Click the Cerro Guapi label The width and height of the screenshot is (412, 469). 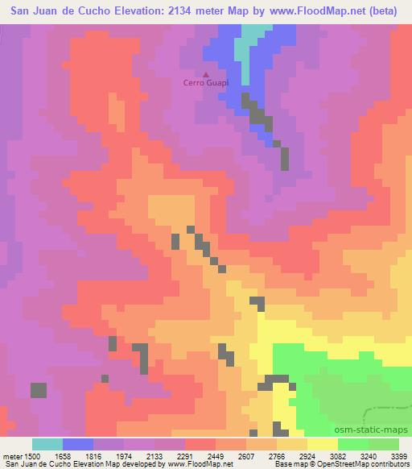pyautogui.click(x=205, y=83)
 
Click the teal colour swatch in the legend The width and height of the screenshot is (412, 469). pyautogui.click(x=47, y=444)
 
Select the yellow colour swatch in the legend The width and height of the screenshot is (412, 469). pyautogui.click(x=323, y=444)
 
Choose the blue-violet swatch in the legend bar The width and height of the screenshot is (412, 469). pyautogui.click(x=78, y=444)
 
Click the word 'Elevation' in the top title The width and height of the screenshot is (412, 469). pyautogui.click(x=132, y=10)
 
